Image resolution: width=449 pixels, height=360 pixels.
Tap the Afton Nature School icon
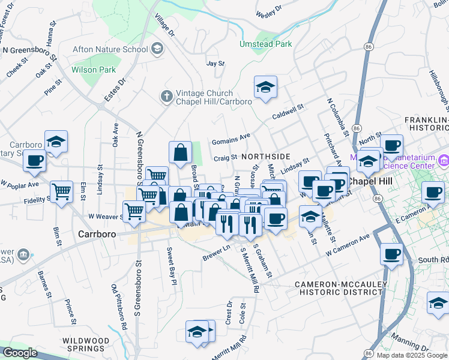click(157, 49)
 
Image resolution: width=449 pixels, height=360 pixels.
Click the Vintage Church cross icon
click(166, 95)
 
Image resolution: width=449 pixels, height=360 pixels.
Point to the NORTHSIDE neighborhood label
click(266, 157)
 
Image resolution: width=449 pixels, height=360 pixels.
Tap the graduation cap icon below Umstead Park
click(265, 88)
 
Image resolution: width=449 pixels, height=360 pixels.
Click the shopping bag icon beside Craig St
click(180, 153)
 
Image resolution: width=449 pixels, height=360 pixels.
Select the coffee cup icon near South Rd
click(391, 254)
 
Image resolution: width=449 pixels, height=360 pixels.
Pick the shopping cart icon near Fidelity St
click(61, 192)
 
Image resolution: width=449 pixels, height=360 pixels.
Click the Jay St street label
click(215, 63)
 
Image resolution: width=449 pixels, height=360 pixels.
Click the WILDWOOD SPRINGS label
click(86, 344)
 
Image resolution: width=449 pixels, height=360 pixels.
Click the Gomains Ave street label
click(231, 139)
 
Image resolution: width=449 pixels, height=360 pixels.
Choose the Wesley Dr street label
click(270, 10)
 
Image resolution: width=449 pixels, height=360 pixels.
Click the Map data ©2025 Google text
click(412, 355)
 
